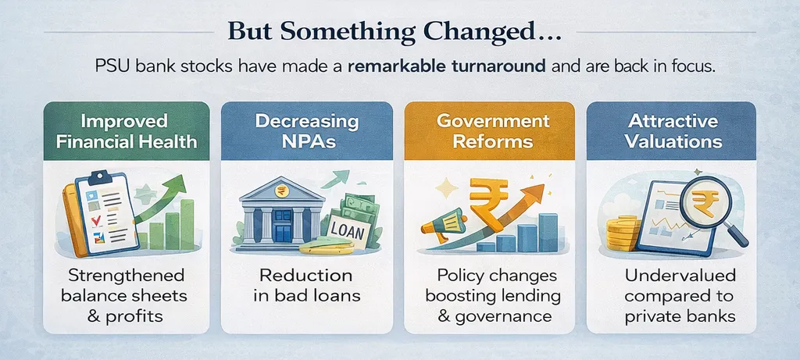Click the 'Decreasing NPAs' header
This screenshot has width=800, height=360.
pos(307,131)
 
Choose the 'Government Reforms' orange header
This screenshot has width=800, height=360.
pos(489,131)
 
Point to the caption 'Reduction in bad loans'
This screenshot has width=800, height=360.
pos(307,286)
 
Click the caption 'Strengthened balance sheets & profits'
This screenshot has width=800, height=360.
pos(126,296)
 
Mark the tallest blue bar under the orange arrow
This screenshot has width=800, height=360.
pos(548,233)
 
